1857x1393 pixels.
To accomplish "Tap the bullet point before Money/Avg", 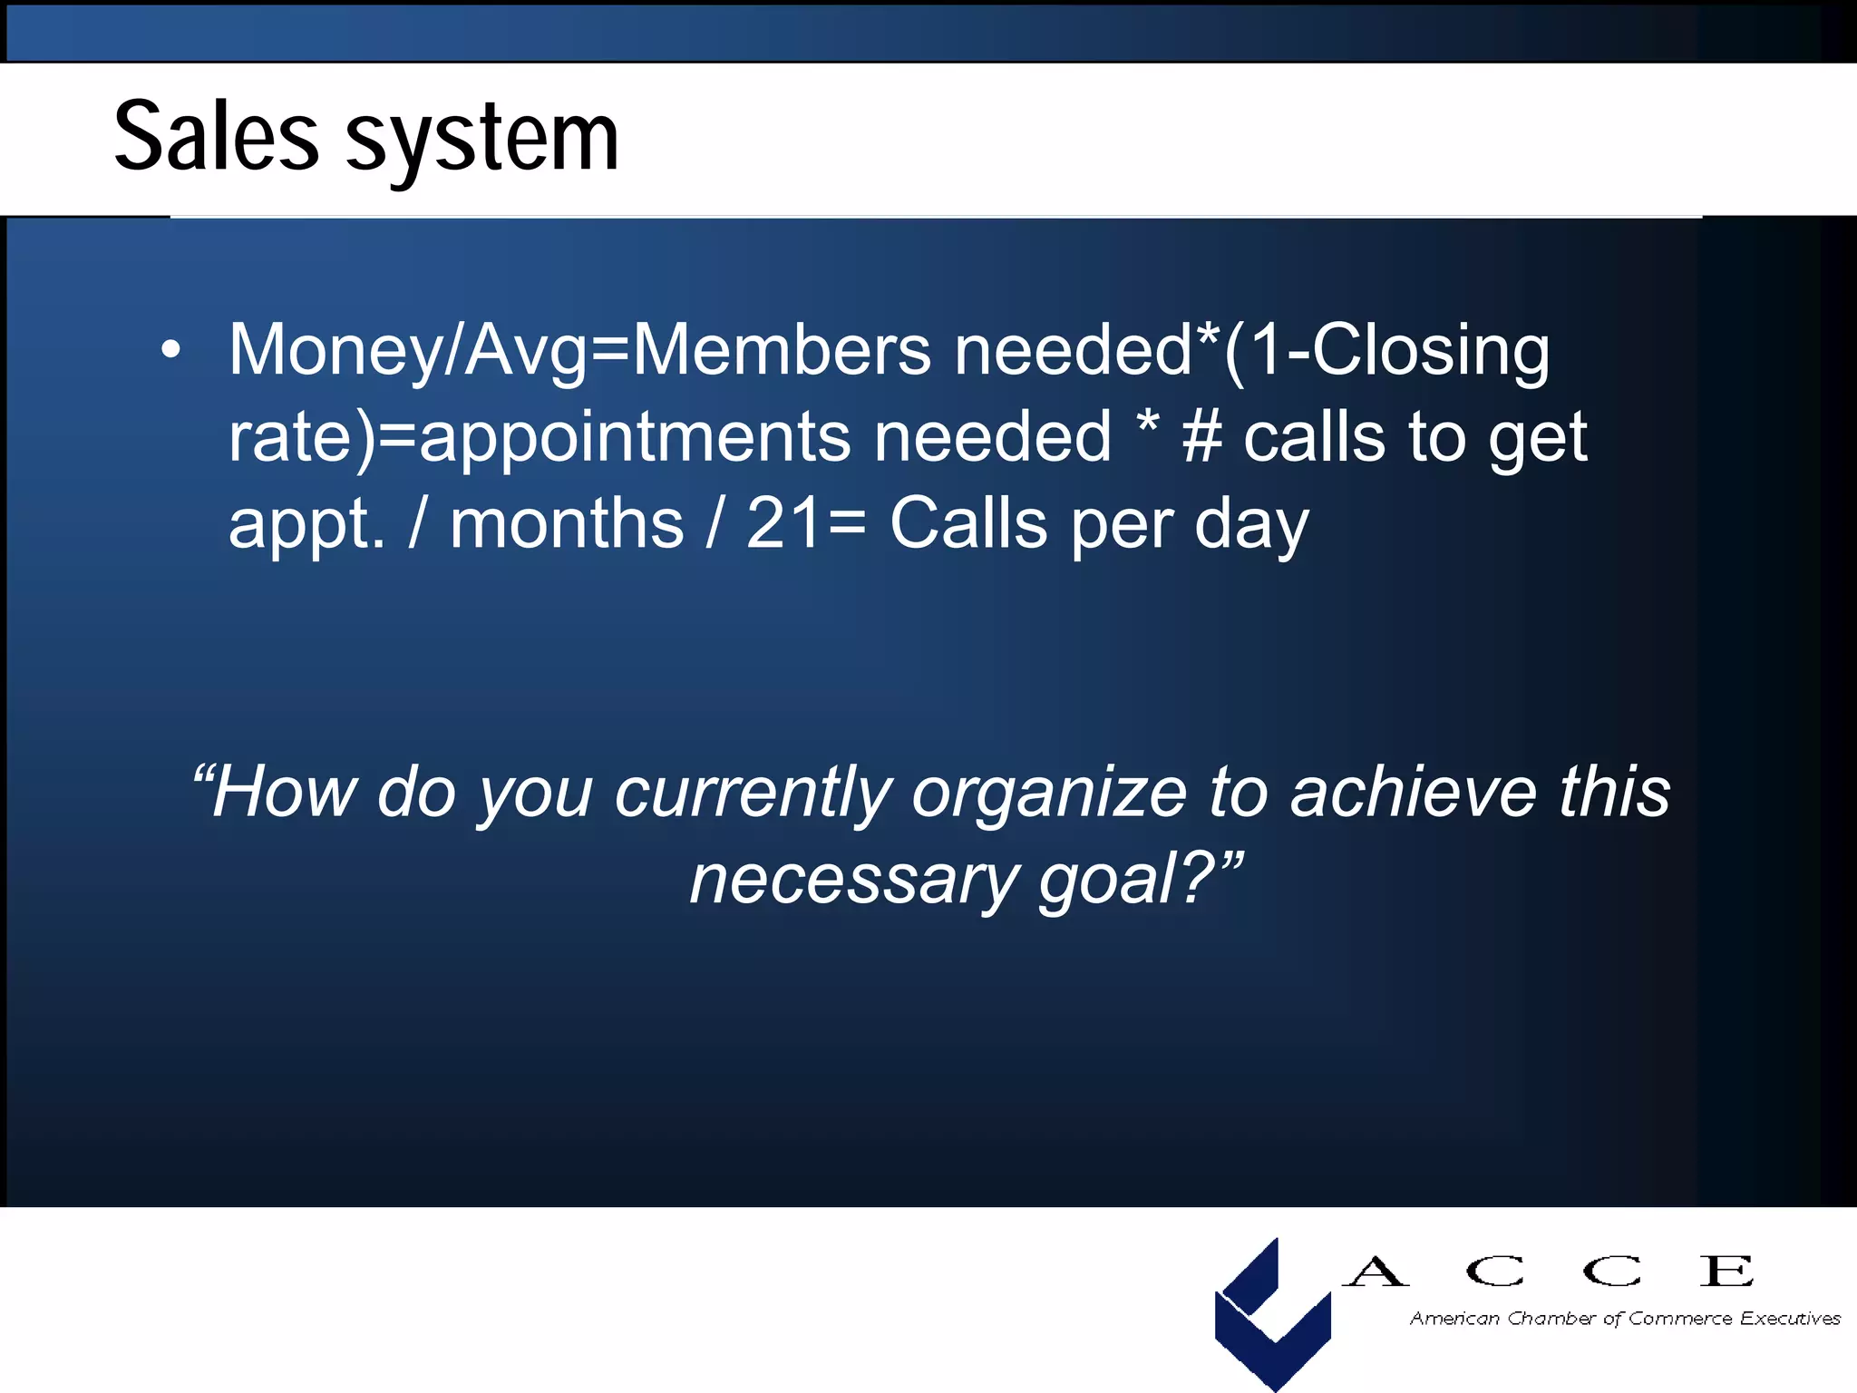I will pos(170,350).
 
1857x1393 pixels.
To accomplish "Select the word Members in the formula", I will pos(781,350).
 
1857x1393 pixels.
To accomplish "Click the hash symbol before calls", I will pos(1202,437).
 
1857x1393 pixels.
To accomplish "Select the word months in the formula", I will pos(567,524).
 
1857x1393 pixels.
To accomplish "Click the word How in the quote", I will pos(285,792).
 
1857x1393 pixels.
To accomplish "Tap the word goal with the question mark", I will pos(1124,880).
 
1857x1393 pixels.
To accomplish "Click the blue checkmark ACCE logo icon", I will pos(1272,1312).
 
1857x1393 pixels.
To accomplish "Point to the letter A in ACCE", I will pos(1376,1271).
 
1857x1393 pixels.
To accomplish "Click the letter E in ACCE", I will pos(1726,1271).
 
